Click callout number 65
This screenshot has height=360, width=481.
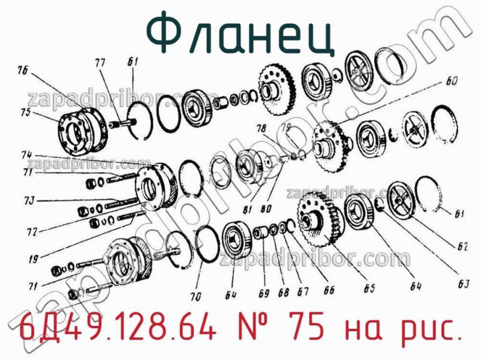pos(369,288)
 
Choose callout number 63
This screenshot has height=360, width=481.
pos(462,268)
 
